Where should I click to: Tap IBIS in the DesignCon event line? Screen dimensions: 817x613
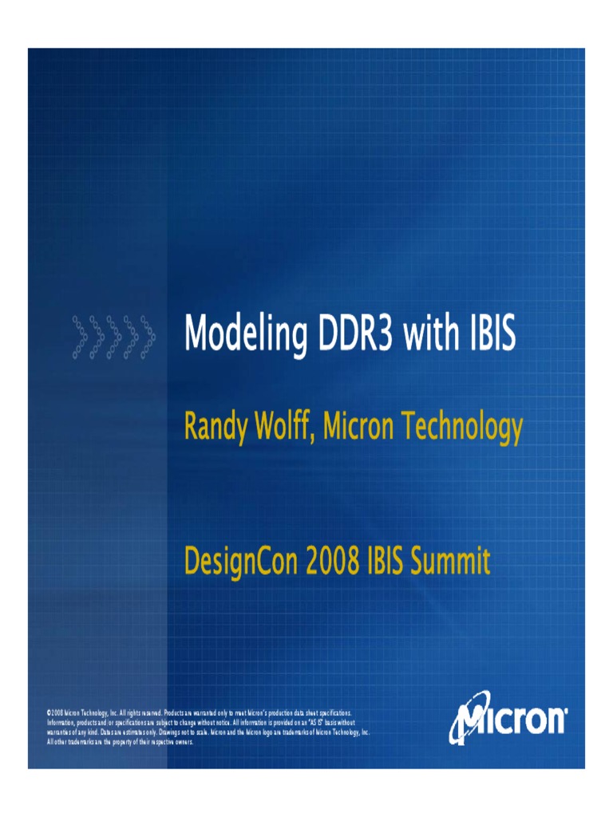click(386, 562)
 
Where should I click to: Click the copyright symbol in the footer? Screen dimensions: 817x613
click(49, 712)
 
